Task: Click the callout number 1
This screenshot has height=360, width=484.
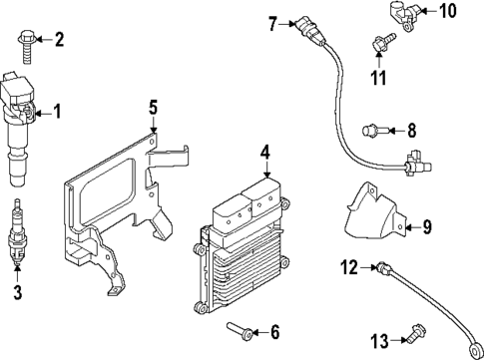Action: coord(56,112)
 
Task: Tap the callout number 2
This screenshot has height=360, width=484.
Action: coord(59,40)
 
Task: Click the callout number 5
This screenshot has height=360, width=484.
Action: coord(154,105)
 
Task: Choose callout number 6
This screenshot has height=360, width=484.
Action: coord(276,331)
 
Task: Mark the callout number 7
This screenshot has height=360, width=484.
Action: coord(272,23)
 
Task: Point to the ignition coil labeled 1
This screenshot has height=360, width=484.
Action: coord(20,125)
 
